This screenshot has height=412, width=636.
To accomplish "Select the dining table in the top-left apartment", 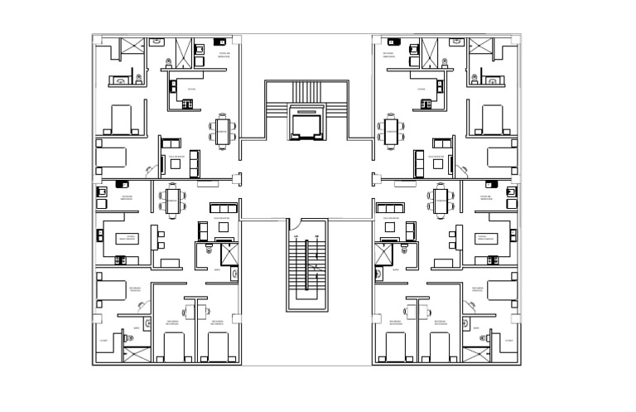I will click(223, 130).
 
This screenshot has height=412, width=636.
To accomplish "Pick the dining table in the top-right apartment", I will click(390, 130).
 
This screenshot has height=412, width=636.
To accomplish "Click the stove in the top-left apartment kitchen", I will click(188, 104).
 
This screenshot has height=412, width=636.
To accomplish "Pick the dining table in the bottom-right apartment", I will click(440, 199).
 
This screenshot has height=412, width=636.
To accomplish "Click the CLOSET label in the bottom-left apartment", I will click(104, 340).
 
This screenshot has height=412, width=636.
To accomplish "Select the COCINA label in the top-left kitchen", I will click(191, 89).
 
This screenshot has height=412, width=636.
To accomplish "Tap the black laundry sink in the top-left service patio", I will click(220, 39).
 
